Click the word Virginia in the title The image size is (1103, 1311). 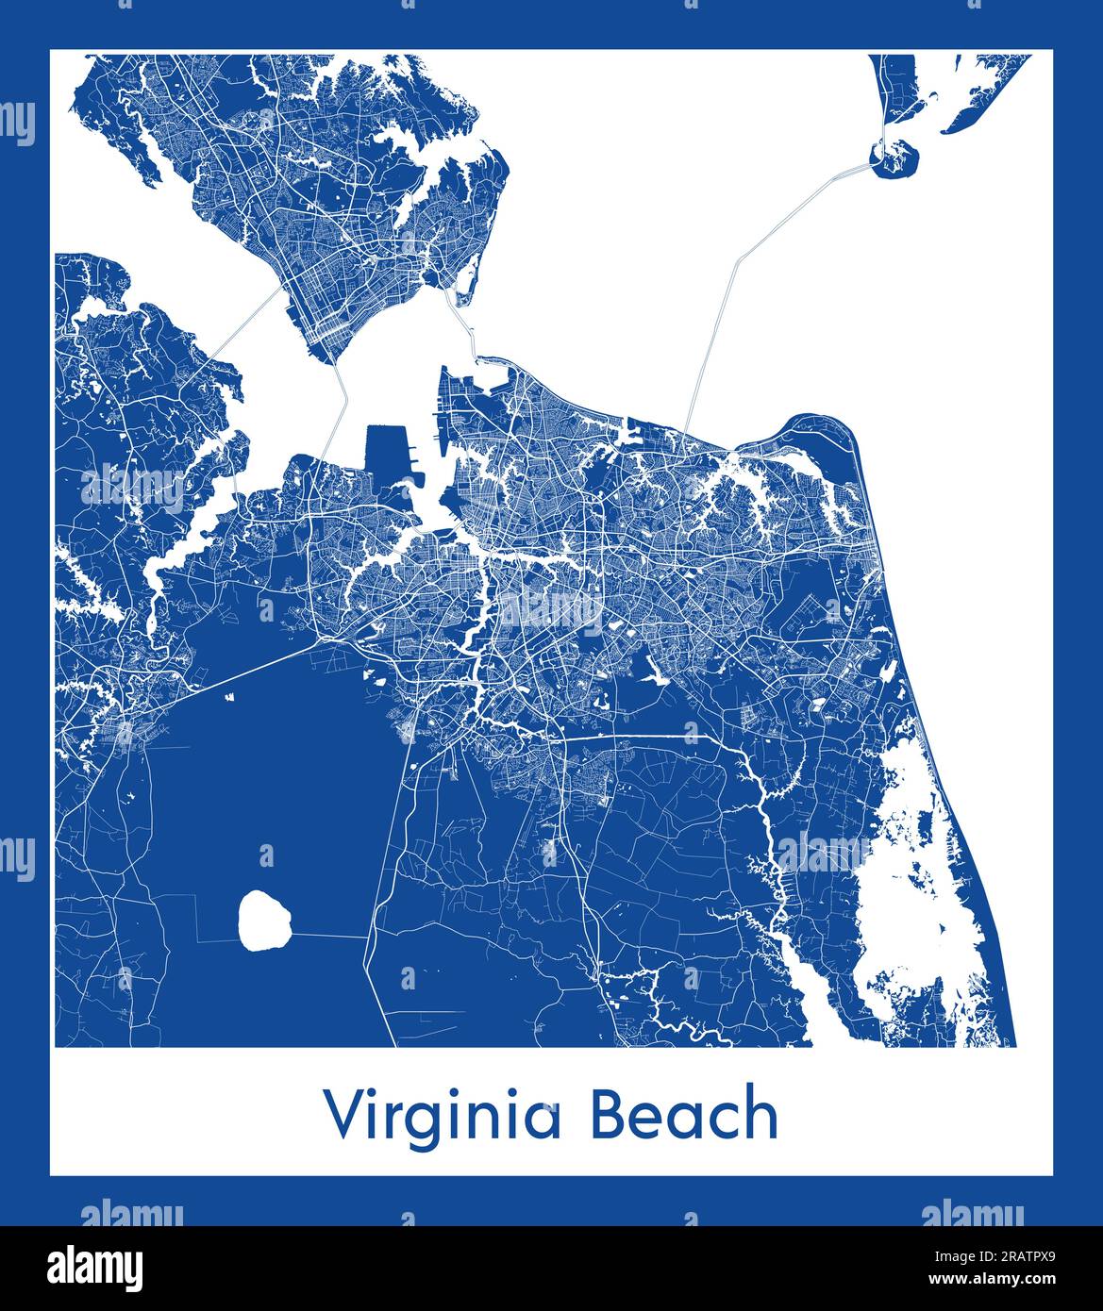pyautogui.click(x=443, y=1116)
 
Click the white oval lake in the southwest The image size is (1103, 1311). pyautogui.click(x=264, y=921)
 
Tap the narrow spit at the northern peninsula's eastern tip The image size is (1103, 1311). pyautogui.click(x=465, y=283)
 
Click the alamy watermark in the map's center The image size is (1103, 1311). pyautogui.click(x=551, y=613)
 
